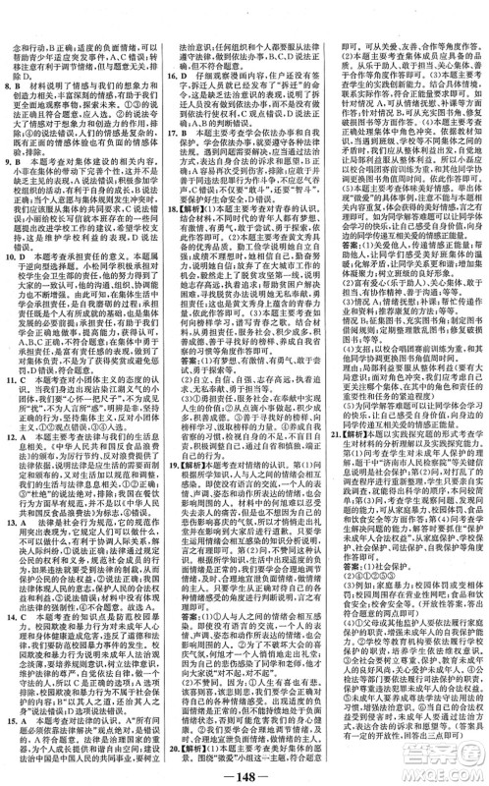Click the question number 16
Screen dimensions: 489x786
tap(170, 72)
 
